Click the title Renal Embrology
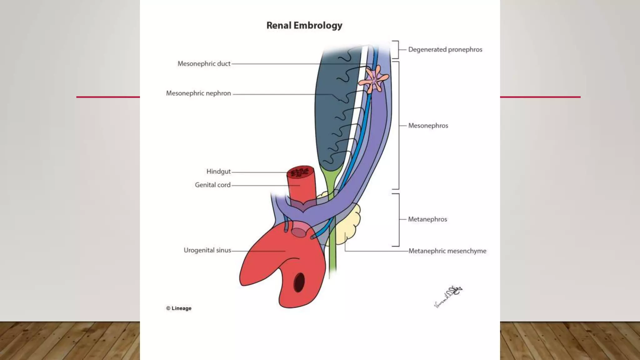coord(304,25)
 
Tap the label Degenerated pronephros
coord(445,49)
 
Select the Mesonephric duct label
coord(204,64)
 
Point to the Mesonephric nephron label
coord(198,93)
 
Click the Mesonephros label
coord(428,126)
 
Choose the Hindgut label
coord(218,172)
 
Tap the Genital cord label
coord(212,185)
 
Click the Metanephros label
coord(427,219)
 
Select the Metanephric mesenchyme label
coord(447,251)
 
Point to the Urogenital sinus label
coord(207,250)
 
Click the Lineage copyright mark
coord(179,308)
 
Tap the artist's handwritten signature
coord(448,296)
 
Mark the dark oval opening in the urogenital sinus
coord(299,282)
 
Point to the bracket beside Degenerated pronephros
coord(396,49)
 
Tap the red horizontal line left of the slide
coord(108,97)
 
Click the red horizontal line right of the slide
coord(540,97)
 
